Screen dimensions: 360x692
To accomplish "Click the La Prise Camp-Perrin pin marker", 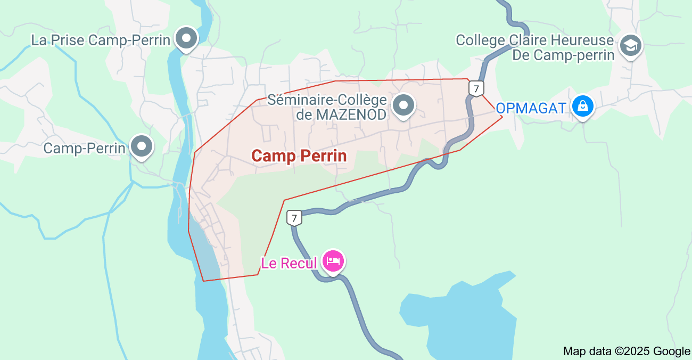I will tap(186, 38).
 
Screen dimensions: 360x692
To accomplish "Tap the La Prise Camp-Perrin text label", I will tap(101, 40).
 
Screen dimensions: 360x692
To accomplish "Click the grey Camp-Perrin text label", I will tap(84, 148).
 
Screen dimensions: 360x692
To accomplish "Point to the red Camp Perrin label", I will tap(299, 156).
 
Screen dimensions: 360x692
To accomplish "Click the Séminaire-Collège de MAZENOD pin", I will tap(403, 105).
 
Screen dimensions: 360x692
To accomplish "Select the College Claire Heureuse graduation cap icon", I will tap(631, 46).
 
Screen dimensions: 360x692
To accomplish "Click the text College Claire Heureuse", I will tap(534, 40).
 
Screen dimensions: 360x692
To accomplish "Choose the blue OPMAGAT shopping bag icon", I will tap(583, 106).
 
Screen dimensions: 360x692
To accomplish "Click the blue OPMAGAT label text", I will tap(531, 108).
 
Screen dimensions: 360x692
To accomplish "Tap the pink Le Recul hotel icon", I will tap(333, 261).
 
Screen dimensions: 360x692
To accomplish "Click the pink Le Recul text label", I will tap(289, 263).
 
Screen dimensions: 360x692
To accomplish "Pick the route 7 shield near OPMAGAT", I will tap(476, 88).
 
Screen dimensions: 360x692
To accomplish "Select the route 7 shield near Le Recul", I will tap(294, 217).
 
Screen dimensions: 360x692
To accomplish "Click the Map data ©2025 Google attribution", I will tap(626, 351).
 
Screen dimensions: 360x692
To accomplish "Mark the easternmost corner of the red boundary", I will tap(502, 116).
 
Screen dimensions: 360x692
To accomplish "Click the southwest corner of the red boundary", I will tap(203, 281).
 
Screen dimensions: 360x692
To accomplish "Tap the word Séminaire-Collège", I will tap(326, 100).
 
